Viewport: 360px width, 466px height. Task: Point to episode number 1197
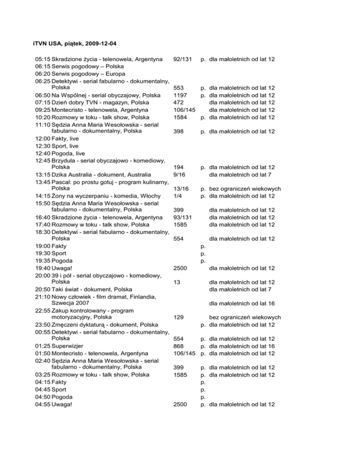[x=180, y=95]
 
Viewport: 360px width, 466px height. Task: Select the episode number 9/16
[x=180, y=174]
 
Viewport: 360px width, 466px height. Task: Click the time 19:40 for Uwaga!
[x=43, y=268]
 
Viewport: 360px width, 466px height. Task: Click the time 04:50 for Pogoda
[x=43, y=397]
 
